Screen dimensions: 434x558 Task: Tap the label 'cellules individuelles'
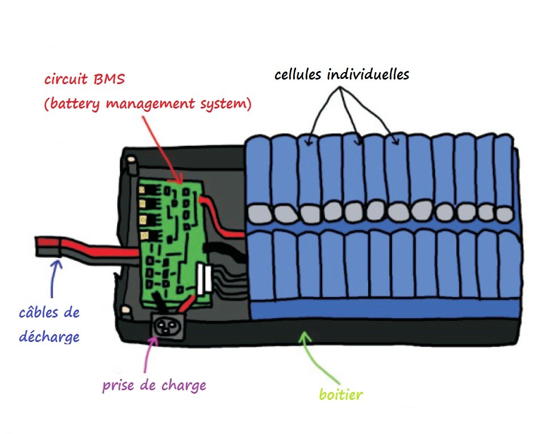pos(342,74)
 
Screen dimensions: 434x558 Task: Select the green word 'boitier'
pos(340,394)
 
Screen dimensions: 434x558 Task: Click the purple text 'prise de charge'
pos(154,386)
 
